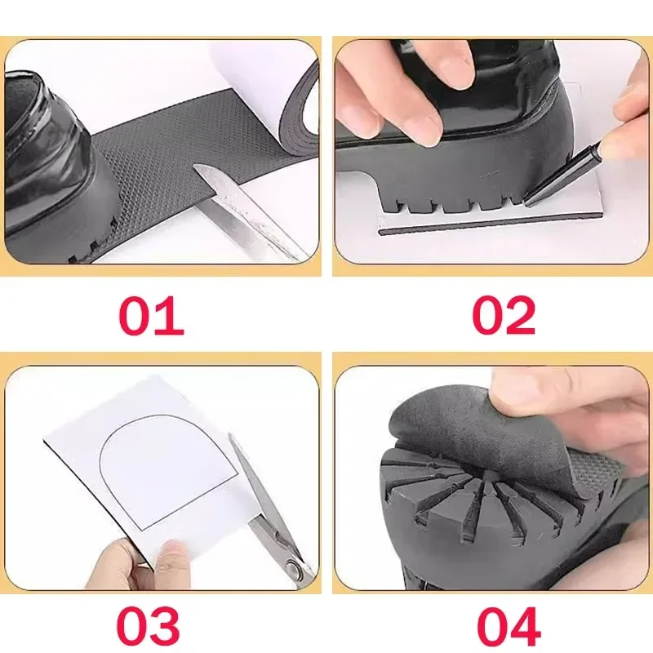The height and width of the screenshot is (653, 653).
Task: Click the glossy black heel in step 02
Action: (506, 98)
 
